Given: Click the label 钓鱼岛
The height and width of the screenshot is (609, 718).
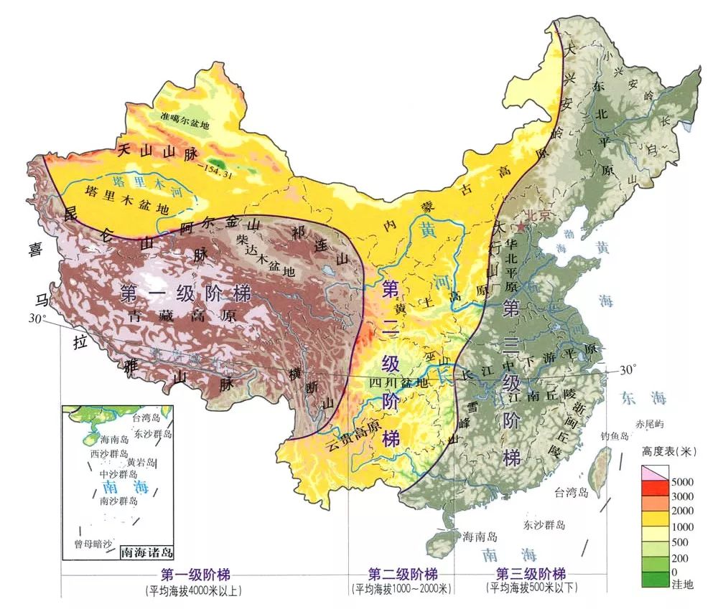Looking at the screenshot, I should click(615, 436).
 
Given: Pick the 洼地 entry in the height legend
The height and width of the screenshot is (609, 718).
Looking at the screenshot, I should click(683, 585).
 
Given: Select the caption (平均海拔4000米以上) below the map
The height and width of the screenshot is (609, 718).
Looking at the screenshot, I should click(193, 590).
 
